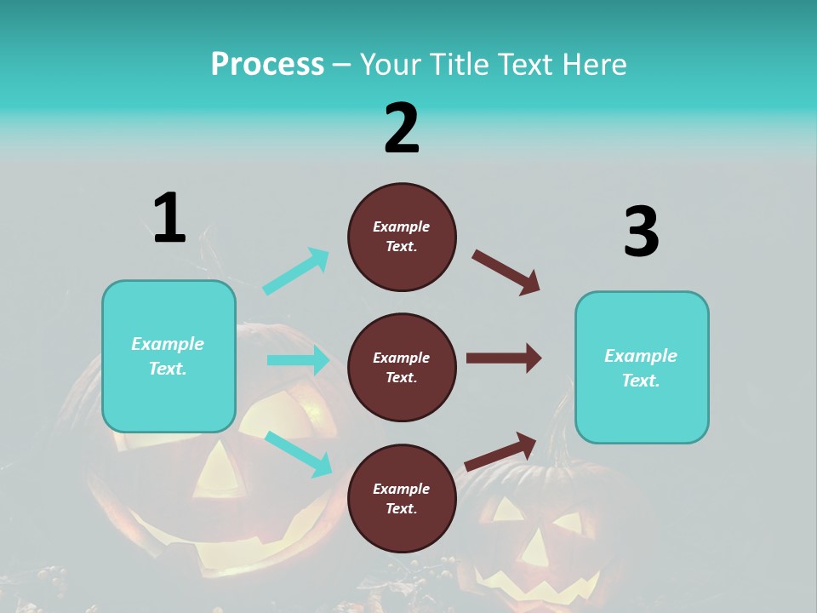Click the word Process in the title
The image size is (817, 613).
(267, 65)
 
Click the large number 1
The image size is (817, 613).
(169, 218)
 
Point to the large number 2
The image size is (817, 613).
(402, 129)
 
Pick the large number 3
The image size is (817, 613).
(641, 232)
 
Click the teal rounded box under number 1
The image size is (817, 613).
(169, 356)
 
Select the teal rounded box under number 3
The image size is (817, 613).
(642, 368)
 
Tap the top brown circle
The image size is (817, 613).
(402, 237)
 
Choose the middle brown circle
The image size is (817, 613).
(402, 368)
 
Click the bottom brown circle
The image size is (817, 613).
(402, 499)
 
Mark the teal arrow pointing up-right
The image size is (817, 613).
(296, 271)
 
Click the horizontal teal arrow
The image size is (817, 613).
(298, 360)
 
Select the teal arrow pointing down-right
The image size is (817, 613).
(298, 453)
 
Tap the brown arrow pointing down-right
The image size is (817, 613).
(506, 272)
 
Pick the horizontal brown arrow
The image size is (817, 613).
(503, 358)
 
